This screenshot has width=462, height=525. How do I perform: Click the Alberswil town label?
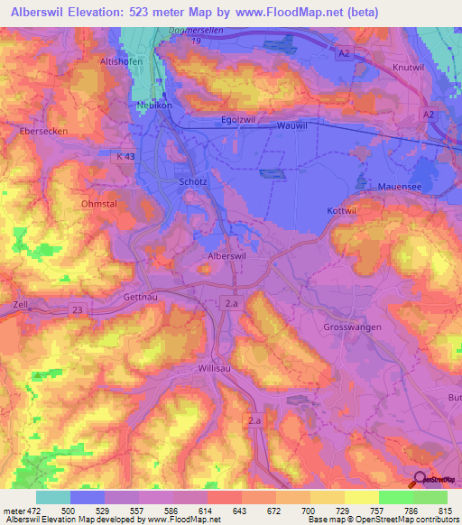pos(226,257)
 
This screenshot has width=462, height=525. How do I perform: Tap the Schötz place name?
pos(194,180)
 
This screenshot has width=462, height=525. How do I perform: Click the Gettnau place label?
pos(140,297)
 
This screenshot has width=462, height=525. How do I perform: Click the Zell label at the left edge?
pos(22,305)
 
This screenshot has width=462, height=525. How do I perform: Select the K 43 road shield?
pos(127,157)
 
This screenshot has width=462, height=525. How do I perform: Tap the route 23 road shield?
pos(79,309)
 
